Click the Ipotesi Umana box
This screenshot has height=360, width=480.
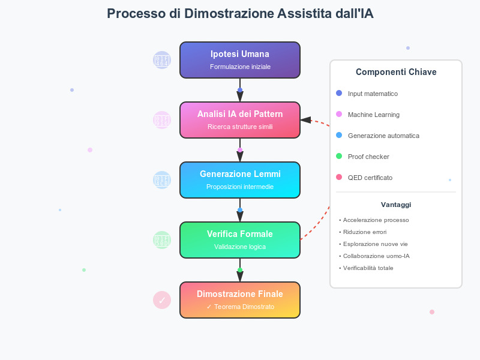point(240,60)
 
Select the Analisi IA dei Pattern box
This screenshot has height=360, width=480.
point(240,120)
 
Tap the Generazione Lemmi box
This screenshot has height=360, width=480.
point(240,180)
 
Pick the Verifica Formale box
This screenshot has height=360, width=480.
point(240,240)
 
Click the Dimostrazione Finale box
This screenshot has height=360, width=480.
point(240,300)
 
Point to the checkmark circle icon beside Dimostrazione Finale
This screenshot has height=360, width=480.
point(162,300)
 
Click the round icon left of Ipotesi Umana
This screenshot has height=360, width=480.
point(162,60)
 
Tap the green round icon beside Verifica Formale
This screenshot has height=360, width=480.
point(162,240)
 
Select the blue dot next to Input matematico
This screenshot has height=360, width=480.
point(339,94)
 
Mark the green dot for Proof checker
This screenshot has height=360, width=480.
point(339,157)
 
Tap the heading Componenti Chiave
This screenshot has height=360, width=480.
point(396,72)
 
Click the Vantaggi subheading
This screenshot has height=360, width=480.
point(396,205)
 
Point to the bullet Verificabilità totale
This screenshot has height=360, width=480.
point(368,268)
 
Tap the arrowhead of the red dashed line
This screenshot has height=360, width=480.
point(305,120)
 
